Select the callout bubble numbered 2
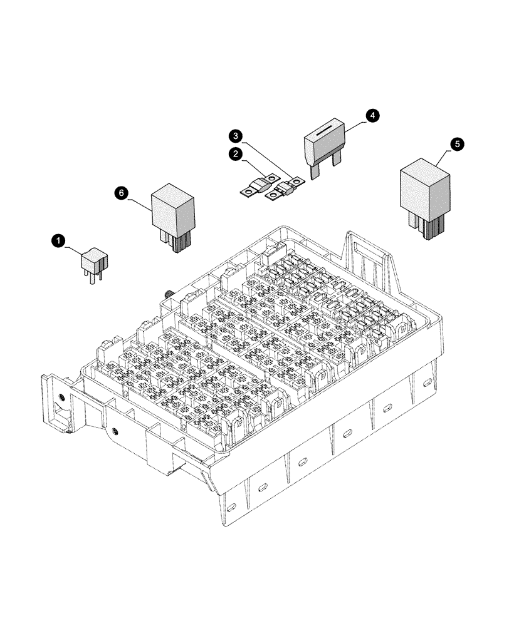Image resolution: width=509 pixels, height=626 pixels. coord(236,153)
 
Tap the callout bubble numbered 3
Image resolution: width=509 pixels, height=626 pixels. coord(235,135)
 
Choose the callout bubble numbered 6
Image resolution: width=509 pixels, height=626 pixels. coord(122,193)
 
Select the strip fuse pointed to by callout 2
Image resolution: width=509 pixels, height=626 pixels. coord(259,187)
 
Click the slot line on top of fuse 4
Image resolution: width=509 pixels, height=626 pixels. coord(325,132)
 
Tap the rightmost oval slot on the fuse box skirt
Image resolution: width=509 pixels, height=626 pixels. coord(426,381)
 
